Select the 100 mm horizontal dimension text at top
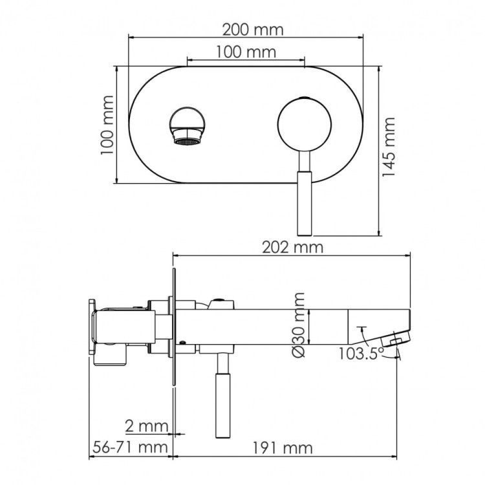(245, 52)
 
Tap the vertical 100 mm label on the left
(107, 124)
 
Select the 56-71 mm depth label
(128, 447)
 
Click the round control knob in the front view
(305, 125)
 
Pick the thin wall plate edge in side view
(173, 323)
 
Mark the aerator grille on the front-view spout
(188, 139)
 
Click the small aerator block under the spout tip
(394, 338)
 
